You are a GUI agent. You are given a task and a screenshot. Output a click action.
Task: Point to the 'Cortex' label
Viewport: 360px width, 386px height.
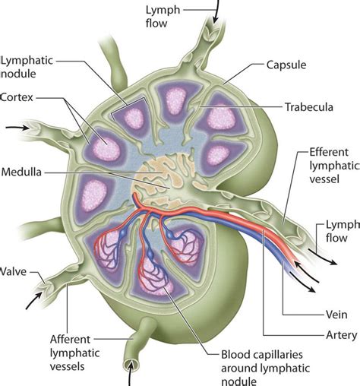[17, 97]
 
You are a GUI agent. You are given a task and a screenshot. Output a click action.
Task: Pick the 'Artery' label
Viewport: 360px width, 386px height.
[298, 334]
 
